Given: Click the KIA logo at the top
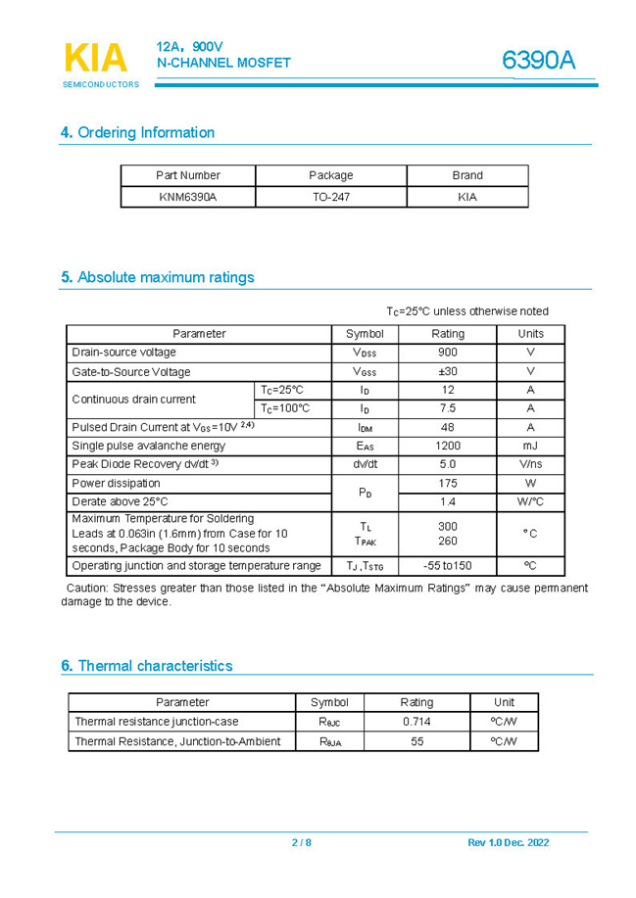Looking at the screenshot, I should click(x=96, y=59).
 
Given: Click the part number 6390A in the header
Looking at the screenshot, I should click(x=538, y=61).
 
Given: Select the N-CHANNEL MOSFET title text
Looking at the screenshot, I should click(x=223, y=63).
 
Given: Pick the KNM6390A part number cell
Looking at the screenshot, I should click(x=188, y=197).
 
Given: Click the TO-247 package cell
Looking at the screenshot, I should click(x=331, y=197).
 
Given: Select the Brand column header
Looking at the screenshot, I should click(x=467, y=175).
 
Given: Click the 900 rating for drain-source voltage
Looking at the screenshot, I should click(x=448, y=352).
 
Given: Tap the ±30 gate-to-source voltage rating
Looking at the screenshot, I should click(x=448, y=371).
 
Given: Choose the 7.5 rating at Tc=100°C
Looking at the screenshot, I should click(x=448, y=408).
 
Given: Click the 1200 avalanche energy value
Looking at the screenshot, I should click(x=448, y=446).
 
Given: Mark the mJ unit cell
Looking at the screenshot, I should click(x=530, y=446).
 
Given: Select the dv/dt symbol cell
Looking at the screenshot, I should click(x=366, y=464).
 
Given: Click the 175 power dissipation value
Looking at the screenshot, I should click(x=448, y=483).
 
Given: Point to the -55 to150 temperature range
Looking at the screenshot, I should click(x=448, y=566).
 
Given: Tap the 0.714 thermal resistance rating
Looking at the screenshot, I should click(x=416, y=722).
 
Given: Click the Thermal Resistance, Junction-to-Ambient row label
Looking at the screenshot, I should click(x=178, y=741).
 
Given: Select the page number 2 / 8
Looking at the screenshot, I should click(x=301, y=843).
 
